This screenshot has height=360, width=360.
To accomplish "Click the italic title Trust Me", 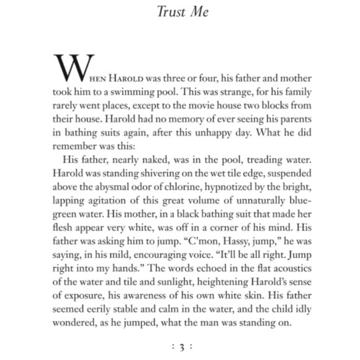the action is tap(179, 11).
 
